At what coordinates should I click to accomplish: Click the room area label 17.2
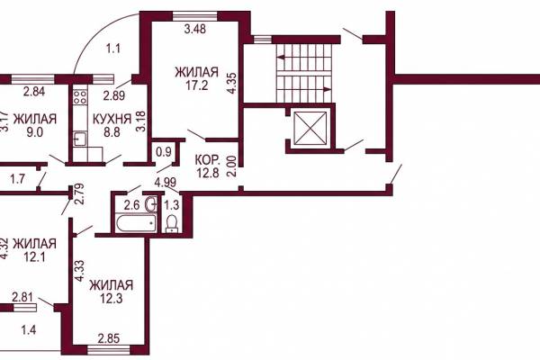click(x=196, y=85)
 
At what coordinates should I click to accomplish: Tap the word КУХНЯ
click(x=112, y=119)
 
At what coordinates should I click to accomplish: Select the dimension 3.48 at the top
click(x=195, y=29)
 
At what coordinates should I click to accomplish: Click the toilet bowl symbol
click(x=171, y=222)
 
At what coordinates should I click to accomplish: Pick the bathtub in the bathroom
click(x=136, y=223)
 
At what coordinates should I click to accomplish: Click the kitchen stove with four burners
click(x=79, y=97)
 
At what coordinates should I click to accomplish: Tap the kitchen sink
click(x=80, y=139)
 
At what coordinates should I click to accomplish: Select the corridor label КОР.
click(x=207, y=160)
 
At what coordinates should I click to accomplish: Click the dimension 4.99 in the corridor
click(x=166, y=182)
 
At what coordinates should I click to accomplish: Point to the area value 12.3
click(x=111, y=298)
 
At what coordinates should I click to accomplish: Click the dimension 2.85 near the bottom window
click(x=109, y=338)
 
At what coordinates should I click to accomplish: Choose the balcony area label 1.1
click(x=113, y=49)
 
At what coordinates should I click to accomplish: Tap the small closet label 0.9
click(x=164, y=152)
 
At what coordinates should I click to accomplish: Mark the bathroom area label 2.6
click(x=131, y=205)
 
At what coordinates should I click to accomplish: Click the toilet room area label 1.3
click(x=171, y=205)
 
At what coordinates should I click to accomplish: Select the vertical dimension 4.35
click(x=231, y=83)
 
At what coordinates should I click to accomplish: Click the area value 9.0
click(x=35, y=132)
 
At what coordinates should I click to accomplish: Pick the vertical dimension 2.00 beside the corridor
click(x=231, y=166)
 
